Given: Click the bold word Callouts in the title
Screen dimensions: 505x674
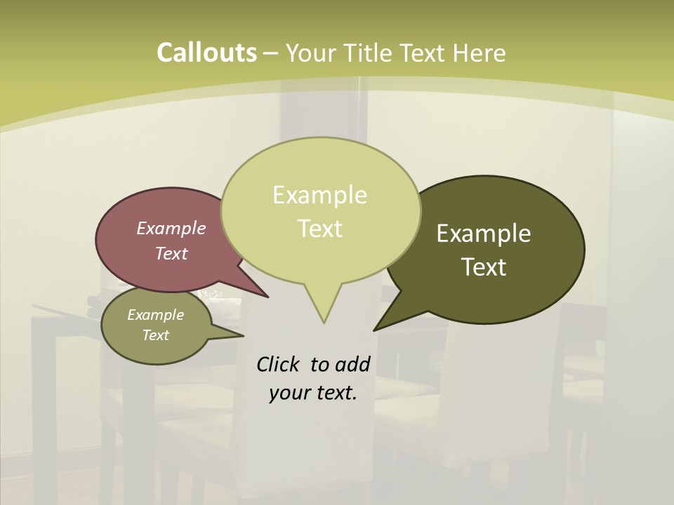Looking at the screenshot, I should click(206, 53).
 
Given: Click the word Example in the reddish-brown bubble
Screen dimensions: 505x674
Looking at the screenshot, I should click(171, 228).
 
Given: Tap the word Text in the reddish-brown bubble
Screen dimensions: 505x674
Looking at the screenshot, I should click(171, 253).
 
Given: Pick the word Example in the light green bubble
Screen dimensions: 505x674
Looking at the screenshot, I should click(319, 195).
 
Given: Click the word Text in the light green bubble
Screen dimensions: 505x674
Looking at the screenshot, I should click(319, 228).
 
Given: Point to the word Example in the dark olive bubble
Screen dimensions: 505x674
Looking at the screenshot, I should click(484, 234).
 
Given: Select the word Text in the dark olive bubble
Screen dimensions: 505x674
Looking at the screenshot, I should click(484, 267).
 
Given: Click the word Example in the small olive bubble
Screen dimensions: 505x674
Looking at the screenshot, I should click(155, 315).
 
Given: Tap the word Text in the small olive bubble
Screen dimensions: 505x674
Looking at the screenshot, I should click(155, 335).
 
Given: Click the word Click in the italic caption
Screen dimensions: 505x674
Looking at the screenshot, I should click(279, 364).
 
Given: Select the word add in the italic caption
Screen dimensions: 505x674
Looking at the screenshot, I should click(352, 364).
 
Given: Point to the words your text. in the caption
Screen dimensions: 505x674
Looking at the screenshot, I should click(312, 393).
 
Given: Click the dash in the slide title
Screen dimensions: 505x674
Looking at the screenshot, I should click(271, 53).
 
